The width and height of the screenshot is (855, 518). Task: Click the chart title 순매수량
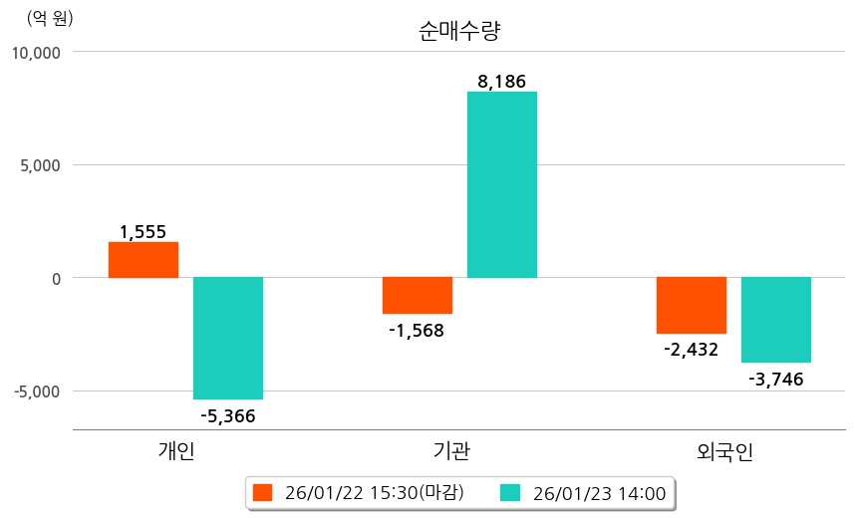459,31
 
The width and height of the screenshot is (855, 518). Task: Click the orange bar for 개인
143,260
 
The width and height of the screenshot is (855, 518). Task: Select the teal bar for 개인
228,338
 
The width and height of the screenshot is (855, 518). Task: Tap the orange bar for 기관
418,295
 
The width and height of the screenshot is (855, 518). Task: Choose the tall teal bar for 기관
502,184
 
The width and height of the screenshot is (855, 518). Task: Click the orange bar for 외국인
692,305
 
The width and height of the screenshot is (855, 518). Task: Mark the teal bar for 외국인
776,320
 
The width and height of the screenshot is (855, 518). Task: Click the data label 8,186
501,82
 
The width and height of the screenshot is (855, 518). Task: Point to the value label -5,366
228,416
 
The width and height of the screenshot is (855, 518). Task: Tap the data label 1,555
143,232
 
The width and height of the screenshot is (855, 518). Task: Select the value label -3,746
775,379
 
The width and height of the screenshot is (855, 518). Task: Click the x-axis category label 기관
452,451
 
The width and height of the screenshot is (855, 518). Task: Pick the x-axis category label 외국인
725,451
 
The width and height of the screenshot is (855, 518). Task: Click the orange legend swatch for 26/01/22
263,492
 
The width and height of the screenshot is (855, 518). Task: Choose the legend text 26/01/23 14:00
599,492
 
